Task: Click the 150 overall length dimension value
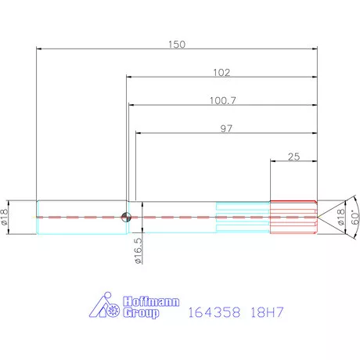coord(178,44)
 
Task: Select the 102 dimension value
coord(221,72)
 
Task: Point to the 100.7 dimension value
coord(222,100)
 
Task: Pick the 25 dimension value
coord(293,157)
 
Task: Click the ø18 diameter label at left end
coord(7,216)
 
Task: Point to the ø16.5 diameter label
coord(138,251)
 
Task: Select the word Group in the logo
coord(141,313)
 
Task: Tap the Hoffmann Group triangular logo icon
coord(103,307)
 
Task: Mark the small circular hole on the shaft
coord(125,218)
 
